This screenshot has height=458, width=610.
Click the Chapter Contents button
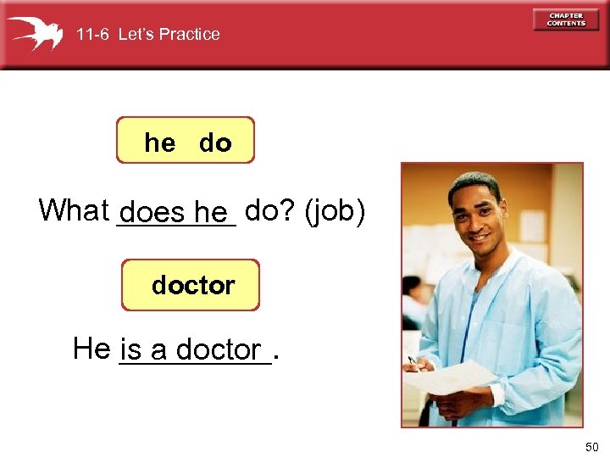click(565, 20)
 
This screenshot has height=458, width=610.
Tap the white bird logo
click(36, 33)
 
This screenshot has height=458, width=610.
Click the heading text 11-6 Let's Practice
click(147, 35)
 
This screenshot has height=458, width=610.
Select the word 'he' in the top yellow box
click(159, 143)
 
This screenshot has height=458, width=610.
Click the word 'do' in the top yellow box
click(215, 143)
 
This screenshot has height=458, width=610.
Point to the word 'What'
click(75, 209)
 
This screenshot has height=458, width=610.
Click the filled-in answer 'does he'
click(175, 212)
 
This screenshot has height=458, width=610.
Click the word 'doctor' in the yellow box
click(193, 285)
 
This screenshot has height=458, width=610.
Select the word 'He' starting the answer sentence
click(91, 348)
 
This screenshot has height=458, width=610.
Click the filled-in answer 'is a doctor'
click(191, 349)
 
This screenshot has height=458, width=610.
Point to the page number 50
click(590, 446)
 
